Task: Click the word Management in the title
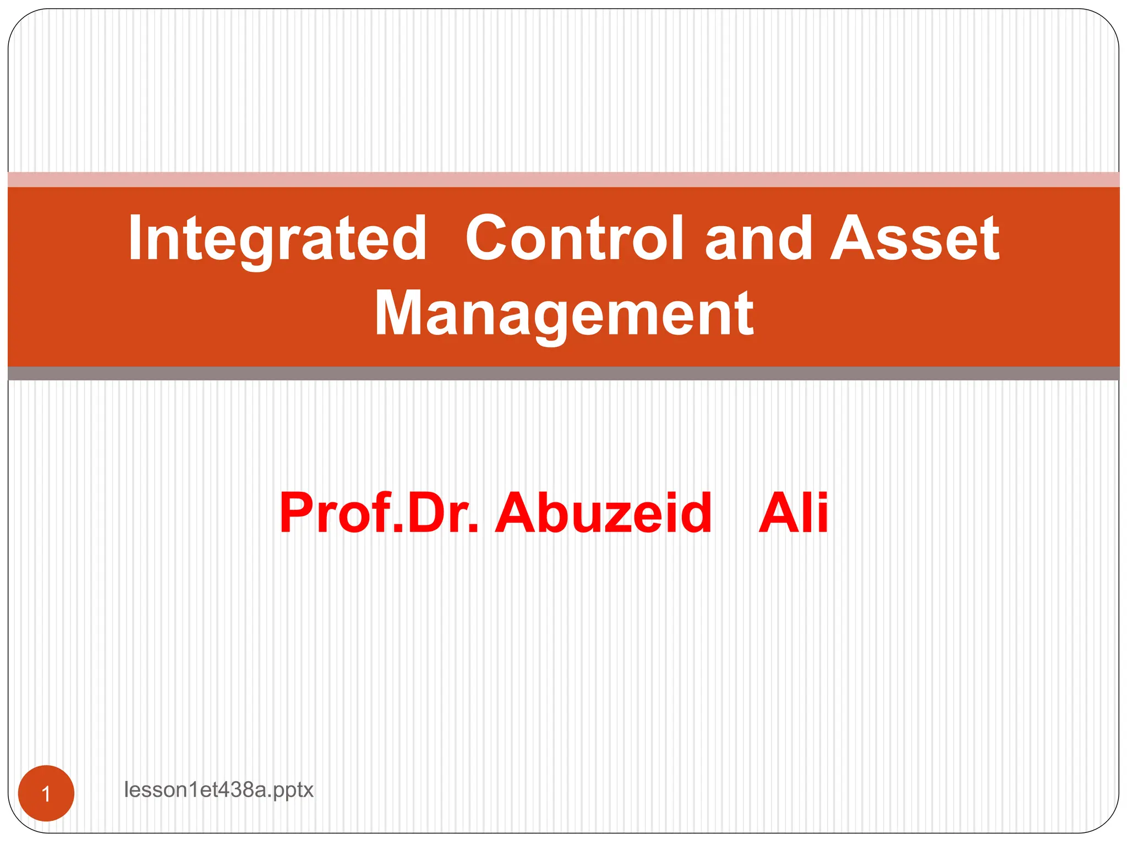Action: coord(563,314)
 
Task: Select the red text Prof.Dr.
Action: coord(379,513)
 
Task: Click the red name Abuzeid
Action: coord(603,513)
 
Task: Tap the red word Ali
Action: coord(793,513)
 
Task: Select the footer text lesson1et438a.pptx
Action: coord(218,790)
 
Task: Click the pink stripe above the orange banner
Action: coord(563,179)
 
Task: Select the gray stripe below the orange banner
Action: coord(563,374)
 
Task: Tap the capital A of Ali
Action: coord(778,513)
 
